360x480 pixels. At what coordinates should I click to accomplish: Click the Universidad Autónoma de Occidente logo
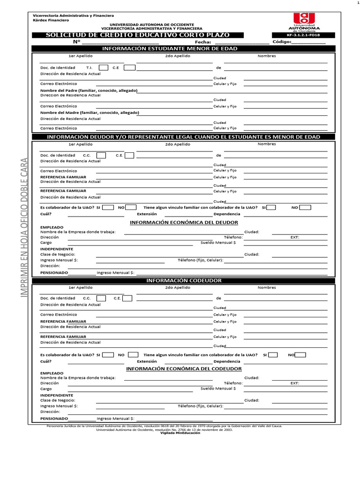(x=304, y=21)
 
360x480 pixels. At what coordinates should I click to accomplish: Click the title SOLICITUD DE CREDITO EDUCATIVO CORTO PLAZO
(x=138, y=35)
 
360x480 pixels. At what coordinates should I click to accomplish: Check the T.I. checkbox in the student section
(x=104, y=67)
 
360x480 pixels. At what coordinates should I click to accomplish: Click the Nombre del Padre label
(x=88, y=90)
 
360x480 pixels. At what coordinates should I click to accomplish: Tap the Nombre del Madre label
(x=90, y=112)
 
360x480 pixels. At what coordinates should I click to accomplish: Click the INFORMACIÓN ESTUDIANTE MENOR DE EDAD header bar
(x=183, y=49)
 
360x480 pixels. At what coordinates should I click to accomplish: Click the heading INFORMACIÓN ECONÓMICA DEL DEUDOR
(x=184, y=222)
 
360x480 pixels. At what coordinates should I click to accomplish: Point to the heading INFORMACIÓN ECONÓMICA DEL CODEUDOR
(x=184, y=368)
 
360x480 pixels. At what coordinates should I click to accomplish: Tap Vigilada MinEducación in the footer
(x=180, y=433)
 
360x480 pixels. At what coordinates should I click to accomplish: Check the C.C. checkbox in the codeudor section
(x=101, y=298)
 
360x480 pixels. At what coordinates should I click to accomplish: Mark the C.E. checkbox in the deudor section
(x=129, y=155)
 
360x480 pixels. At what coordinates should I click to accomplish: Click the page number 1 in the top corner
(x=357, y=3)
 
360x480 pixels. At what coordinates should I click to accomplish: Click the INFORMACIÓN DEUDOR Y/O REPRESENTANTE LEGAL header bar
(x=183, y=137)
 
